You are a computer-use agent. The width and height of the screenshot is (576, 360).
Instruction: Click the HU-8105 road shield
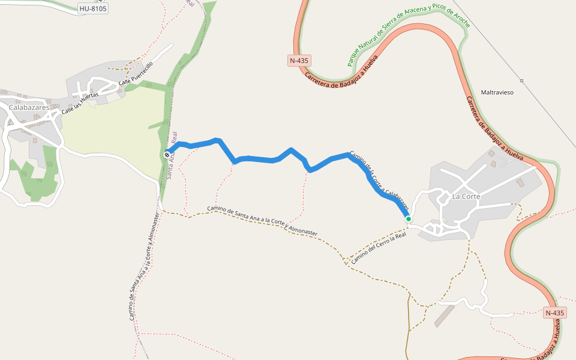click(x=93, y=8)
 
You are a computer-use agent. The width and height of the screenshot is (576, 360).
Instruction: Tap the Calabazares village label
click(x=29, y=107)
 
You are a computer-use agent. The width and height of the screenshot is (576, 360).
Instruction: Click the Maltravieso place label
click(x=497, y=93)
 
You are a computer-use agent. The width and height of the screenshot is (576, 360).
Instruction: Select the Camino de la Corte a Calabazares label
click(x=379, y=181)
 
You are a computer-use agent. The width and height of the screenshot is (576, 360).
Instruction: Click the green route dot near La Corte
click(x=409, y=219)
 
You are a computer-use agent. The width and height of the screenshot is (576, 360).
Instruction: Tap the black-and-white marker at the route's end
click(x=167, y=155)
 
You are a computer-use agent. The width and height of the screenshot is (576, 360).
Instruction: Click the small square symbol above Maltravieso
click(x=521, y=80)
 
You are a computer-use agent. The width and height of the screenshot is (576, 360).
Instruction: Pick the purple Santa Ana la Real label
click(x=173, y=156)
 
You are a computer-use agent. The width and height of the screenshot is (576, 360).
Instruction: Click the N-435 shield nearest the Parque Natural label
click(x=299, y=61)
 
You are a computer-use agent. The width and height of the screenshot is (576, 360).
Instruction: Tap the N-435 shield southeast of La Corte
click(x=555, y=313)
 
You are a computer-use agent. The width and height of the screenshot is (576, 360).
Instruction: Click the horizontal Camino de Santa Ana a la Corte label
click(x=262, y=220)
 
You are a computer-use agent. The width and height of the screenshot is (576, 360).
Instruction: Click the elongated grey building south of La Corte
click(x=445, y=316)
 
